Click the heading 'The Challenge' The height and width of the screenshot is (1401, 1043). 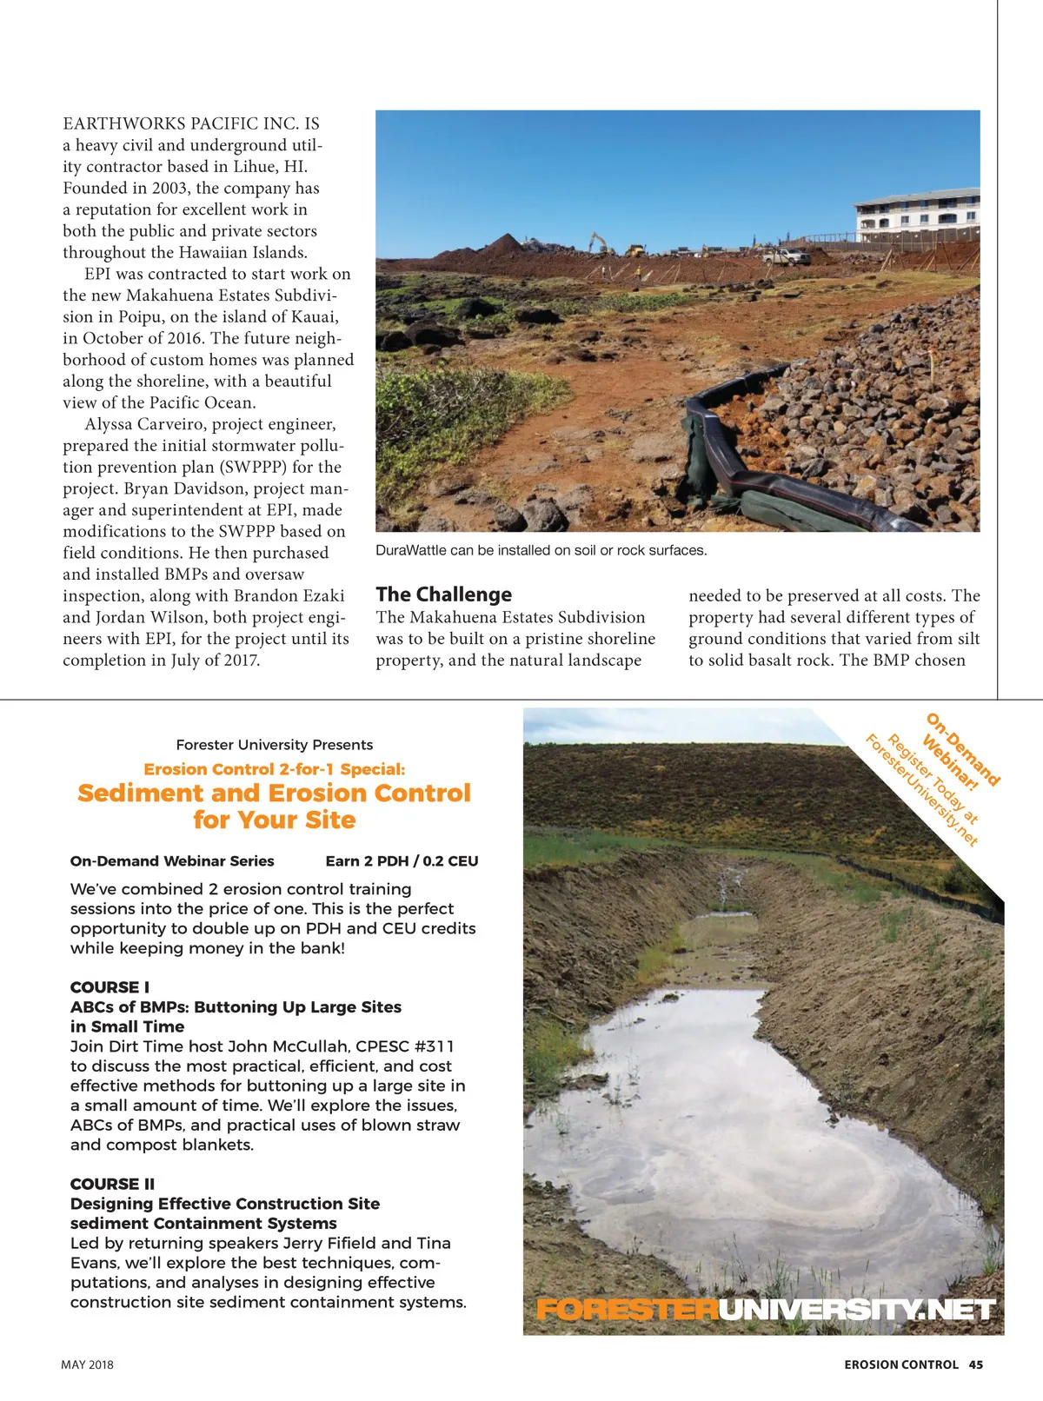click(x=443, y=594)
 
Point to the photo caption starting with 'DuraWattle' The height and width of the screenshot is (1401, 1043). click(x=541, y=550)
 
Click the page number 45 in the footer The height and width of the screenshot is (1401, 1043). click(x=976, y=1364)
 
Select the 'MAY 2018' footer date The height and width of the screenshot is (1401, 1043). click(x=87, y=1364)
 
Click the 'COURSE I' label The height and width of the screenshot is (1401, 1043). click(x=110, y=987)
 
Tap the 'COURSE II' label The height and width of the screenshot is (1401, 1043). click(x=112, y=1184)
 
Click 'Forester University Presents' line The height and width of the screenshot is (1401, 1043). click(x=274, y=745)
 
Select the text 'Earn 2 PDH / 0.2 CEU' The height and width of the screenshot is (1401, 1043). click(x=402, y=861)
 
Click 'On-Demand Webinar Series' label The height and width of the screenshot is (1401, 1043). click(x=172, y=861)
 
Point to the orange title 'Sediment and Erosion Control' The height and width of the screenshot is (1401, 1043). click(x=274, y=793)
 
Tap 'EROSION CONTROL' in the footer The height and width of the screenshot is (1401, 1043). click(x=900, y=1364)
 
